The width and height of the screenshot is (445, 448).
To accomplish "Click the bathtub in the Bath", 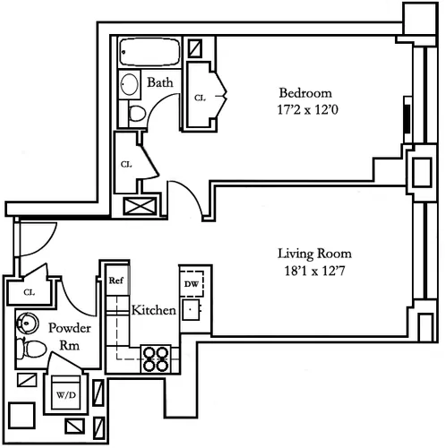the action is click(150, 52).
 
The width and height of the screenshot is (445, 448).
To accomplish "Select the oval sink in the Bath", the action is click(130, 84).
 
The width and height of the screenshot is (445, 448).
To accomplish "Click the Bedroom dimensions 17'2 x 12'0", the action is click(307, 109).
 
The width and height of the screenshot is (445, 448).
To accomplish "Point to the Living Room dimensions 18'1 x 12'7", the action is click(315, 271).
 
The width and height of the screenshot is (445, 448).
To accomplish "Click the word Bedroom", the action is click(305, 93).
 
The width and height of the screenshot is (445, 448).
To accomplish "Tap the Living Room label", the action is click(314, 254).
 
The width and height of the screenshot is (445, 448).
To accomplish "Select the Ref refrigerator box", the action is click(117, 280).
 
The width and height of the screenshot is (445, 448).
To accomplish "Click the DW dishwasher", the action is click(192, 284).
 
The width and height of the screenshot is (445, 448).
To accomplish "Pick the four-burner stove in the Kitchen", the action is click(156, 358).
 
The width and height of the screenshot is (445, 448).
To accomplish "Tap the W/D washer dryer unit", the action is click(66, 392).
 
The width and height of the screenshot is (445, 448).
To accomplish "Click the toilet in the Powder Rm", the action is click(31, 349).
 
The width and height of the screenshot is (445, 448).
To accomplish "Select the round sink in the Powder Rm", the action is click(28, 323).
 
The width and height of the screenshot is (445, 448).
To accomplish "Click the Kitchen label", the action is click(154, 310).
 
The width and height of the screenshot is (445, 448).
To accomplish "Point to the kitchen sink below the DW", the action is click(191, 309).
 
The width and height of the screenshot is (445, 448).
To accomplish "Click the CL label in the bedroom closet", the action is click(200, 98).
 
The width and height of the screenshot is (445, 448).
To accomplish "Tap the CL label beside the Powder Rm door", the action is click(30, 292).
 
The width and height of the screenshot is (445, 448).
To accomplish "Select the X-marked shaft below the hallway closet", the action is click(140, 206).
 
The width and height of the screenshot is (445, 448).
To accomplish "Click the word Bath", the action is click(160, 82).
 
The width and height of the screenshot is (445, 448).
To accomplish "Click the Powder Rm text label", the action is click(70, 337).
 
